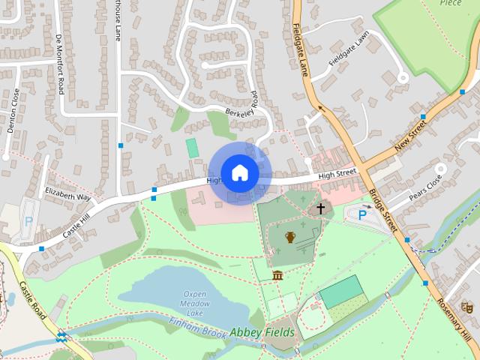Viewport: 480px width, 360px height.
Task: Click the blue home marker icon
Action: [239, 173]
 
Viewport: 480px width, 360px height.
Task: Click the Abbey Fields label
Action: [259, 331]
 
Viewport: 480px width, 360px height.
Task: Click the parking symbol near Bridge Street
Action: [362, 215]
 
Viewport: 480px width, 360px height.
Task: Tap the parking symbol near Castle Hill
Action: [28, 221]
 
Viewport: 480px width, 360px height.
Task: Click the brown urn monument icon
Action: [290, 238]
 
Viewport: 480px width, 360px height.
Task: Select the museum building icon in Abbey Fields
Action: [278, 275]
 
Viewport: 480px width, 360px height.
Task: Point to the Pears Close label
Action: [425, 193]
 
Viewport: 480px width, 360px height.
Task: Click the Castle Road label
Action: [34, 301]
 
